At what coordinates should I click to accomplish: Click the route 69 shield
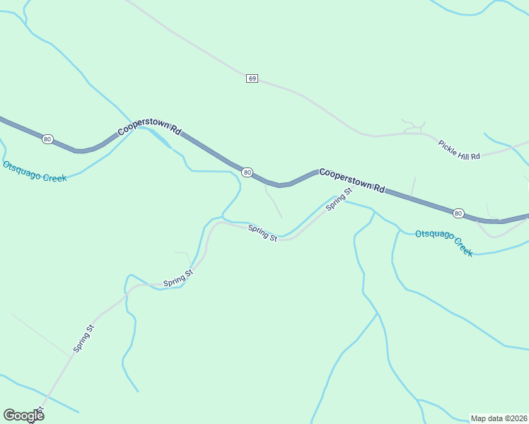pyautogui.click(x=252, y=78)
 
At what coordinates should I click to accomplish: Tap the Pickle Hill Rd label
pyautogui.click(x=459, y=150)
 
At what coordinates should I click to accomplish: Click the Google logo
pyautogui.click(x=23, y=415)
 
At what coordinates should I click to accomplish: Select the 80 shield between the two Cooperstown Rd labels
pyautogui.click(x=247, y=172)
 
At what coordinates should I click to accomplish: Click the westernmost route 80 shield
pyautogui.click(x=47, y=139)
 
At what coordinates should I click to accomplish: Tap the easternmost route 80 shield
pyautogui.click(x=458, y=213)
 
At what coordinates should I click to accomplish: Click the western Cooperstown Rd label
pyautogui.click(x=150, y=126)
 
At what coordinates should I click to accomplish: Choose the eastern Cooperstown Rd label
pyautogui.click(x=351, y=180)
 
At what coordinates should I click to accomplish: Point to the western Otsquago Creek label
pyautogui.click(x=35, y=172)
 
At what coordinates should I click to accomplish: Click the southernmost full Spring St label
pyautogui.click(x=83, y=338)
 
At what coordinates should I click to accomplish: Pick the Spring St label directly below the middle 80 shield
pyautogui.click(x=262, y=232)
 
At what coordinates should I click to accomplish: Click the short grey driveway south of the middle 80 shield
pyautogui.click(x=273, y=202)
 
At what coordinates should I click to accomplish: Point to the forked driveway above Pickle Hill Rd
pyautogui.click(x=413, y=126)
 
